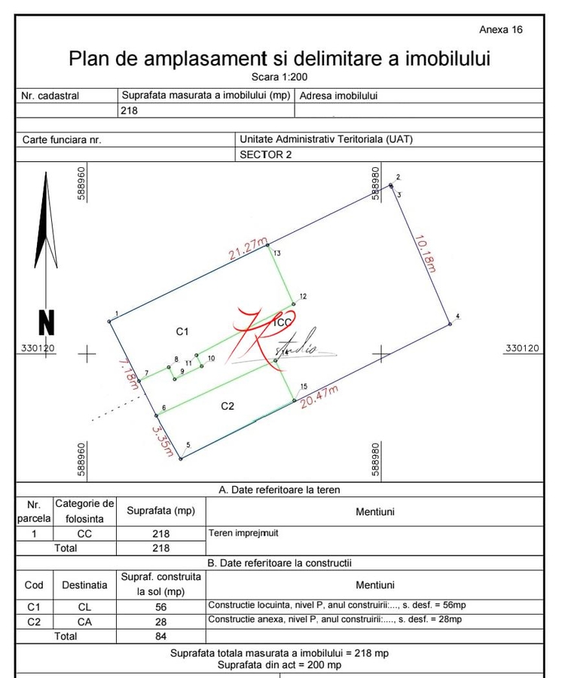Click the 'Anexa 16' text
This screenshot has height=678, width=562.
pyautogui.click(x=500, y=29)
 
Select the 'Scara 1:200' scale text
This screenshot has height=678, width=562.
pyautogui.click(x=279, y=76)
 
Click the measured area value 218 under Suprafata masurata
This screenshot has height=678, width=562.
pyautogui.click(x=130, y=110)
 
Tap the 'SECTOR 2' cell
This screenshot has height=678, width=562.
pyautogui.click(x=265, y=154)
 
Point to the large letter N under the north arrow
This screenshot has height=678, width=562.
pyautogui.click(x=47, y=323)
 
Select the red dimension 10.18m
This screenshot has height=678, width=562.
pyautogui.click(x=426, y=253)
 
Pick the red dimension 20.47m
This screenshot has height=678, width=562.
pyautogui.click(x=319, y=396)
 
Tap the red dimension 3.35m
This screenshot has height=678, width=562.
pyautogui.click(x=163, y=441)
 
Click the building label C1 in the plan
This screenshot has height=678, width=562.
pyautogui.click(x=182, y=331)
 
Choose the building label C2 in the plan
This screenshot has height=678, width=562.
pyautogui.click(x=228, y=406)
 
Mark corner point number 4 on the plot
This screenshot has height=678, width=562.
pyautogui.click(x=451, y=324)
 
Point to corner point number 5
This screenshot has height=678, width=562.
pyautogui.click(x=181, y=458)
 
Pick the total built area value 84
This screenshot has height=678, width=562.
pyautogui.click(x=160, y=636)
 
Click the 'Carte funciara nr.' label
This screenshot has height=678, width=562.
pyautogui.click(x=62, y=140)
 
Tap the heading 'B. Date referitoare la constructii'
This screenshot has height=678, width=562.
pyautogui.click(x=279, y=563)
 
